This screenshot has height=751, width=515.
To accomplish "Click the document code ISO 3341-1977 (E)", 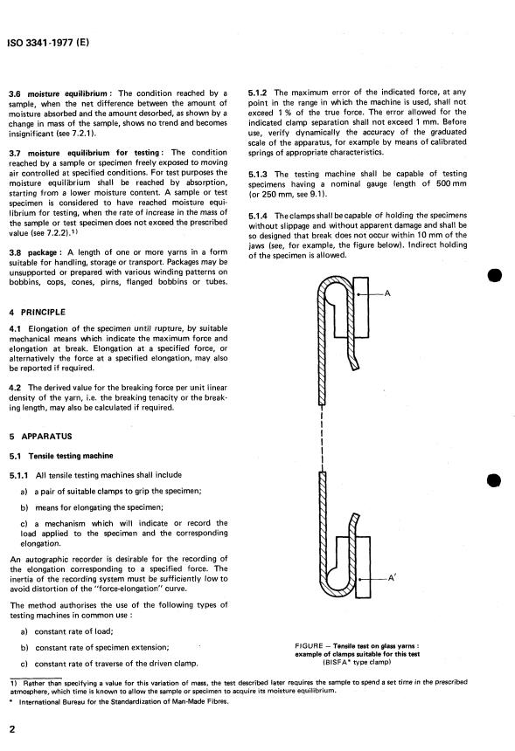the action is pyautogui.click(x=48, y=42).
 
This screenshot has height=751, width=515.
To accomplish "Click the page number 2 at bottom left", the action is pyautogui.click(x=12, y=729).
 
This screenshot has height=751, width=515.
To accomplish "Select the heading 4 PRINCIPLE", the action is pyautogui.click(x=37, y=313).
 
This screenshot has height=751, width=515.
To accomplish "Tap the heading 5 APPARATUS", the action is pyautogui.click(x=40, y=437).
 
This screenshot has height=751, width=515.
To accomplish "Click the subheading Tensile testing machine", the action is pyautogui.click(x=71, y=456).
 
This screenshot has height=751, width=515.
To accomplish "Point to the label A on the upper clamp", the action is pyautogui.click(x=387, y=293).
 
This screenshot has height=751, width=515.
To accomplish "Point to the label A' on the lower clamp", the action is pyautogui.click(x=392, y=578).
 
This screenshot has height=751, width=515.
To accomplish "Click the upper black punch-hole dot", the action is pyautogui.click(x=494, y=276).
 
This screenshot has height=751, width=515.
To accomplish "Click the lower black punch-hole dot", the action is pyautogui.click(x=494, y=480).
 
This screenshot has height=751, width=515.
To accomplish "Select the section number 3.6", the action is pyautogui.click(x=14, y=94).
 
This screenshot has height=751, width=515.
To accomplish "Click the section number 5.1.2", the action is pyautogui.click(x=257, y=93).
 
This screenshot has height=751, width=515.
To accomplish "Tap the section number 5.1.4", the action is pyautogui.click(x=258, y=216).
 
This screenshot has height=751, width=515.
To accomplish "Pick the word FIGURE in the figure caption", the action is pyautogui.click(x=309, y=646).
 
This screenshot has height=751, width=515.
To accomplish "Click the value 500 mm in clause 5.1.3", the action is pyautogui.click(x=451, y=184).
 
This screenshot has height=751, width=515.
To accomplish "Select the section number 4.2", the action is pyautogui.click(x=15, y=388).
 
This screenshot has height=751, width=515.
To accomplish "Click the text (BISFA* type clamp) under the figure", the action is pyautogui.click(x=358, y=662).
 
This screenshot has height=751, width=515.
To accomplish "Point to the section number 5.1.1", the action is pyautogui.click(x=18, y=476).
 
